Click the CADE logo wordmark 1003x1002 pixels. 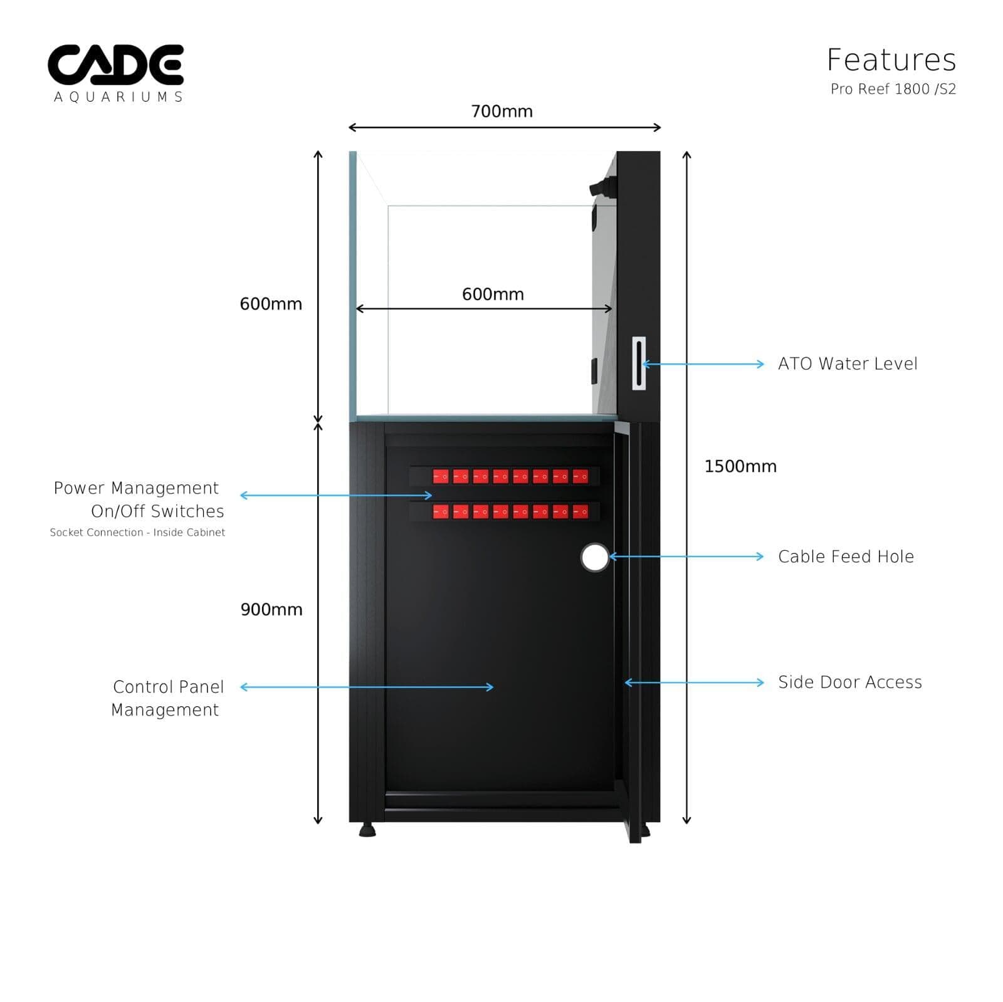[x=116, y=65]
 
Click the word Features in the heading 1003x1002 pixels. [x=891, y=60]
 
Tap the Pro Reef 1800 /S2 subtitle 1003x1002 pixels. [x=893, y=89]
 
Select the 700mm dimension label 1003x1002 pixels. [x=501, y=112]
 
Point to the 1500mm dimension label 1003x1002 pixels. [x=740, y=466]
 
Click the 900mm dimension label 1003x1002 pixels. [x=271, y=609]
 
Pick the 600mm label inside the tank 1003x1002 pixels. [x=493, y=294]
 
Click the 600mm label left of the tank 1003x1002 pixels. [x=271, y=304]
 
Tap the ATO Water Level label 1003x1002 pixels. [x=847, y=363]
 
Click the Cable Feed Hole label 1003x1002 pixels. [x=846, y=556]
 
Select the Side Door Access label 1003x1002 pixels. [x=849, y=682]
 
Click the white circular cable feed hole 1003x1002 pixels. [x=594, y=557]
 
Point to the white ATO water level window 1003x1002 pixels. [x=638, y=363]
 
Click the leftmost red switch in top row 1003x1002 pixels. [x=441, y=477]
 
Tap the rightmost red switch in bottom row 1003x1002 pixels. [x=580, y=512]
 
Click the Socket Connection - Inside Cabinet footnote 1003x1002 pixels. [x=137, y=532]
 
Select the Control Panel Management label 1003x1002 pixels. [x=167, y=698]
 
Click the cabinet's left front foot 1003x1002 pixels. [x=367, y=830]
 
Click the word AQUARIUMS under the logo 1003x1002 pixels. [x=118, y=97]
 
